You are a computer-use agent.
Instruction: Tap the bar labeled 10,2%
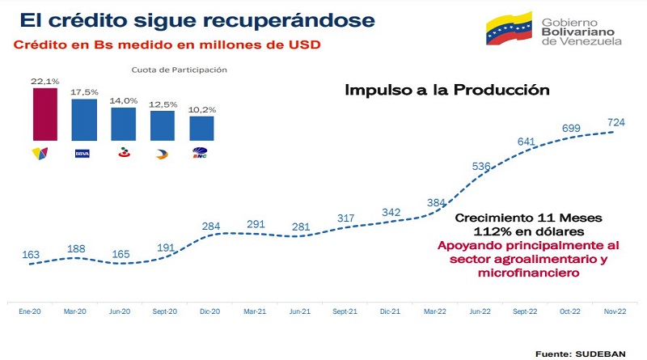202,127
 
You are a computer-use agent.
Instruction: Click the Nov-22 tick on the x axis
612,311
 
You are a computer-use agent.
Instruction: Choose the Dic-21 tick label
390,311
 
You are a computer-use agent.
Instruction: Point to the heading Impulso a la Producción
447,90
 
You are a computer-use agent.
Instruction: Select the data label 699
571,129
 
